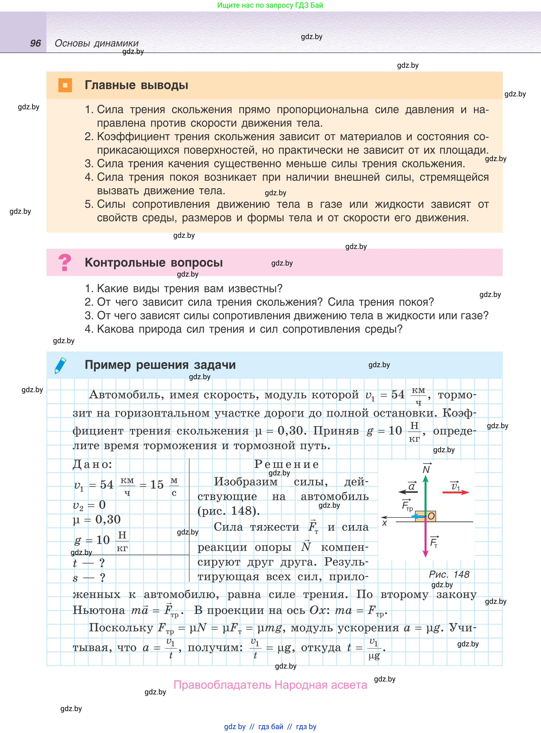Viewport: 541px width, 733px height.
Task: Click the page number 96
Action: click(35, 43)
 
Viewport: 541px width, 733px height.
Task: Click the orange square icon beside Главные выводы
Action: click(65, 85)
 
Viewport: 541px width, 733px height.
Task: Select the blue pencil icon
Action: click(60, 365)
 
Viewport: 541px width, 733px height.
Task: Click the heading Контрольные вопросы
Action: click(154, 262)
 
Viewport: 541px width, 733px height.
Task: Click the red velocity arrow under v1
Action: click(455, 492)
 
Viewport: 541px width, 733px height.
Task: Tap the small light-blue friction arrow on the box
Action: click(417, 516)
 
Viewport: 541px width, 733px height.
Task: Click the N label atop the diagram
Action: click(426, 469)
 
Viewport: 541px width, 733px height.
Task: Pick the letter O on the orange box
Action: click(431, 516)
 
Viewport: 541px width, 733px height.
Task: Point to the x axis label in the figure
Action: click(384, 523)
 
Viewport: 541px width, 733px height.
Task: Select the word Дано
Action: click(92, 464)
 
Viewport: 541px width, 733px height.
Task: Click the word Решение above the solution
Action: click(287, 464)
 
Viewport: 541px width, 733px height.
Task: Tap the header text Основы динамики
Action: click(97, 43)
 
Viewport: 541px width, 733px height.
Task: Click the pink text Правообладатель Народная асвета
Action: click(270, 685)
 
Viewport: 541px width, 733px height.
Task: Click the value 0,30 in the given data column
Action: click(108, 519)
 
